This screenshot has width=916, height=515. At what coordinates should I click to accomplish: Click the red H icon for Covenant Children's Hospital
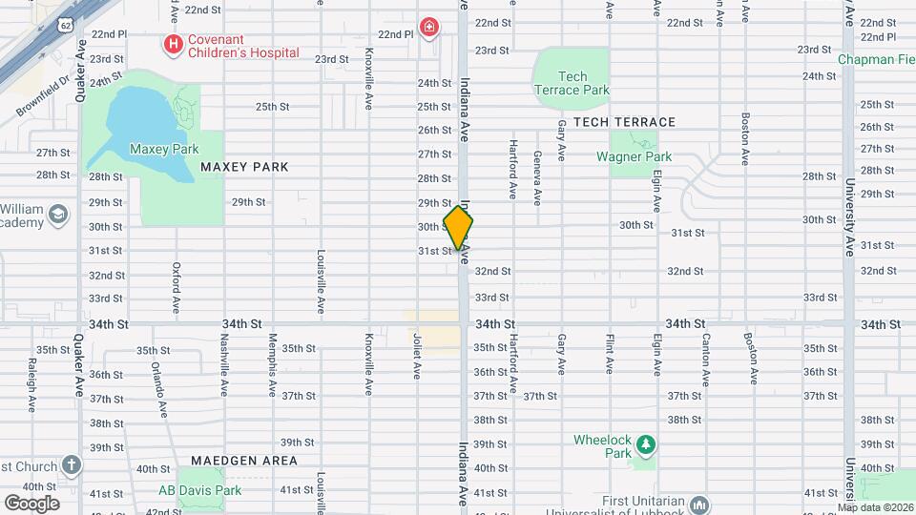tap(173, 43)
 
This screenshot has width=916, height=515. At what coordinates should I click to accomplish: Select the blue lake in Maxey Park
tap(143, 134)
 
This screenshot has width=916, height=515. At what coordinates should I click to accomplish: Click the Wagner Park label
tap(634, 156)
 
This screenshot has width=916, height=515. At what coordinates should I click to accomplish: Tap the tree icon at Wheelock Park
tap(646, 444)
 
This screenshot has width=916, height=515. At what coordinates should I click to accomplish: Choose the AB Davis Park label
tap(199, 491)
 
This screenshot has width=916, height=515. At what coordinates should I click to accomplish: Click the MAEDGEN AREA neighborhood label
tap(243, 461)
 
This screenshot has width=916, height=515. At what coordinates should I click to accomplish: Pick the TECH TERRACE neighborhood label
tap(624, 122)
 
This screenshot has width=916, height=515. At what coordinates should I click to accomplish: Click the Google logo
tap(31, 502)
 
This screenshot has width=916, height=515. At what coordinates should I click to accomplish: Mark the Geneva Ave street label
tap(537, 178)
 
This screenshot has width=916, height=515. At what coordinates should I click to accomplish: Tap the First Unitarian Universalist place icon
tap(699, 503)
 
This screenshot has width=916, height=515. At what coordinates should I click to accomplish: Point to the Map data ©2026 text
tap(873, 507)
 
